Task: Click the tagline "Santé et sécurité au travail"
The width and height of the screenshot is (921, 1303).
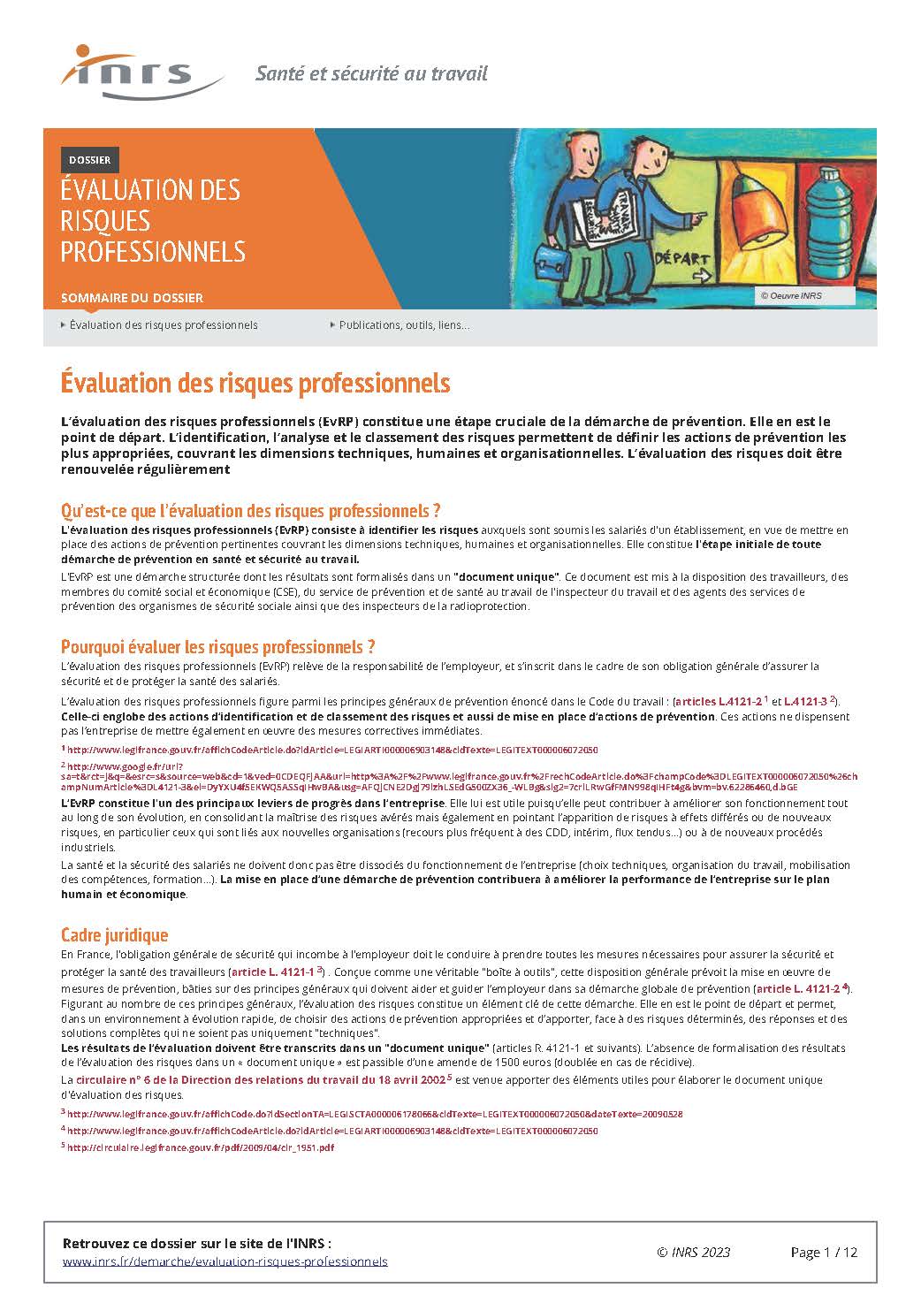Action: pyautogui.click(x=371, y=73)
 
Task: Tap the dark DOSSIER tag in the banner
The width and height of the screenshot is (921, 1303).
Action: pyautogui.click(x=89, y=160)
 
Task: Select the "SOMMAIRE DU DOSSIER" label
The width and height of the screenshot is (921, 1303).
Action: pyautogui.click(x=132, y=298)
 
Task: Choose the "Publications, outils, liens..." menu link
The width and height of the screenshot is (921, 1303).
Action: pyautogui.click(x=404, y=325)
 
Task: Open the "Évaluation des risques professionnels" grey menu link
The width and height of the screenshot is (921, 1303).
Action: pyautogui.click(x=164, y=325)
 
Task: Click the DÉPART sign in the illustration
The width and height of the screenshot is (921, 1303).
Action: pyautogui.click(x=681, y=262)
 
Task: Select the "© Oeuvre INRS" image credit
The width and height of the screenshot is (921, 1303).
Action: pyautogui.click(x=791, y=295)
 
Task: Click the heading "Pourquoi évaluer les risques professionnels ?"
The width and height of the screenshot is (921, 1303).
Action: pyautogui.click(x=218, y=646)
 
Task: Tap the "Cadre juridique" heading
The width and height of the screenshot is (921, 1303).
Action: pyautogui.click(x=114, y=934)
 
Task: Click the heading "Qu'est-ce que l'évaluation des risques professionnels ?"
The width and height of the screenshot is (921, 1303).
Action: pyautogui.click(x=250, y=511)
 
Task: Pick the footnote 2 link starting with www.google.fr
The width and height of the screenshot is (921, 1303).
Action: pyautogui.click(x=124, y=766)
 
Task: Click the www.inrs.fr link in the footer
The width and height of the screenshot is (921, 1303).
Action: pyautogui.click(x=225, y=1261)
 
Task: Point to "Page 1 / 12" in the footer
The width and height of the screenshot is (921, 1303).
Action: pyautogui.click(x=824, y=1252)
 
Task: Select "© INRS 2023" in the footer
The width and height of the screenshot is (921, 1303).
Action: pyautogui.click(x=694, y=1252)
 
